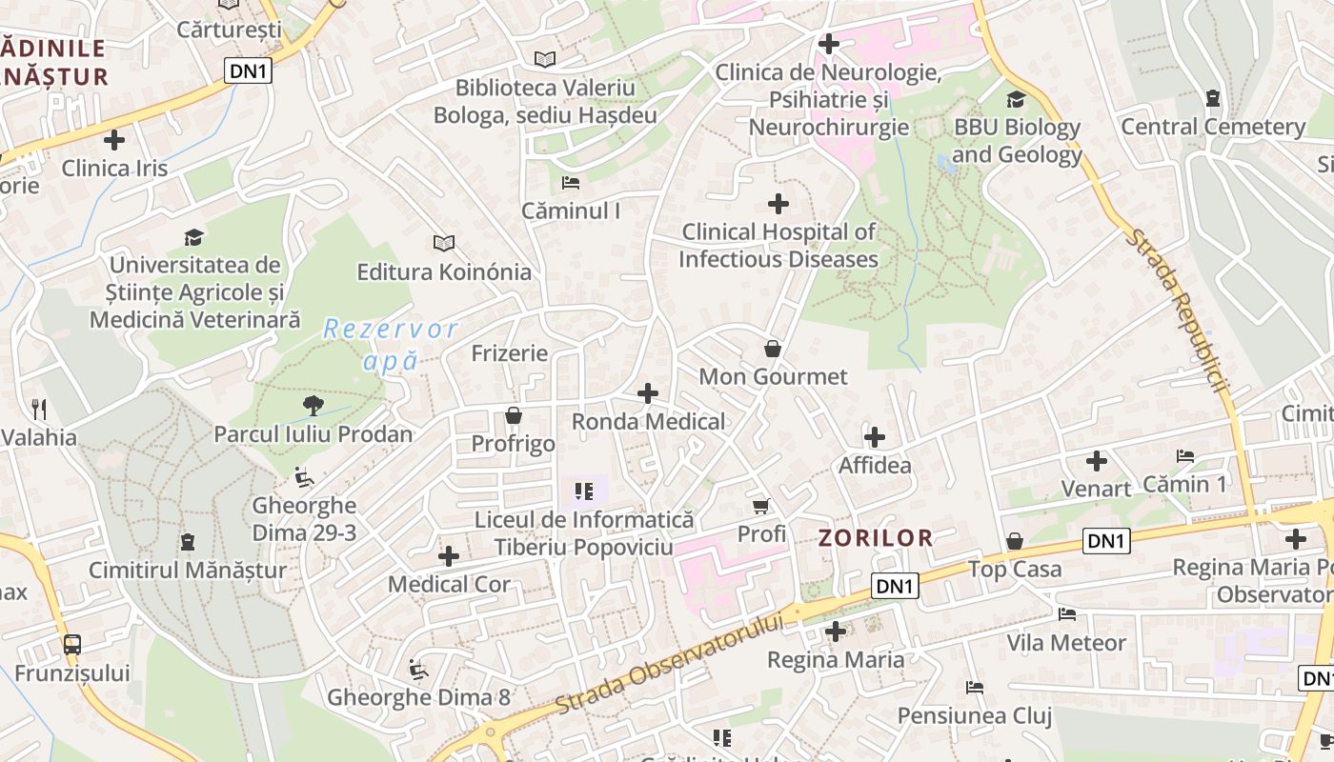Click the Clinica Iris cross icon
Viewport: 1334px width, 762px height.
(x=114, y=141)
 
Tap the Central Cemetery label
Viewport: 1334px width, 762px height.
(x=1212, y=127)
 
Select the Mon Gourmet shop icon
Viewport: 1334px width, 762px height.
(x=773, y=350)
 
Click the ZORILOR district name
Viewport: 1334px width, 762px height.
(x=876, y=537)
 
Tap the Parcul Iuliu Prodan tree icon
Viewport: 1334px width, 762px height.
(x=313, y=407)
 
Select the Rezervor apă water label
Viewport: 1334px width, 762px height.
(x=391, y=345)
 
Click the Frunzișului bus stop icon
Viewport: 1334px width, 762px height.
(x=72, y=645)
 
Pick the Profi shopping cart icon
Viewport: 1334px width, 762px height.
(x=760, y=506)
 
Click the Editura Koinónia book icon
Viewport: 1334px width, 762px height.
(x=443, y=243)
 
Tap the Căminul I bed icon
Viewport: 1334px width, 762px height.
(x=570, y=182)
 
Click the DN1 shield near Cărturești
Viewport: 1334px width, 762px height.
(x=249, y=70)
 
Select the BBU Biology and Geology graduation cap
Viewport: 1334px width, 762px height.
(x=1017, y=99)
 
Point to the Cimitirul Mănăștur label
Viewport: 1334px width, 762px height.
(x=188, y=571)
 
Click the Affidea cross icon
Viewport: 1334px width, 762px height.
(x=875, y=438)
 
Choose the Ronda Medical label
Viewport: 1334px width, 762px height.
(x=648, y=421)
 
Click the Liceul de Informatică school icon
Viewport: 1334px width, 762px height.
(x=584, y=491)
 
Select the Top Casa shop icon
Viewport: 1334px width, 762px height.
(x=1015, y=541)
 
